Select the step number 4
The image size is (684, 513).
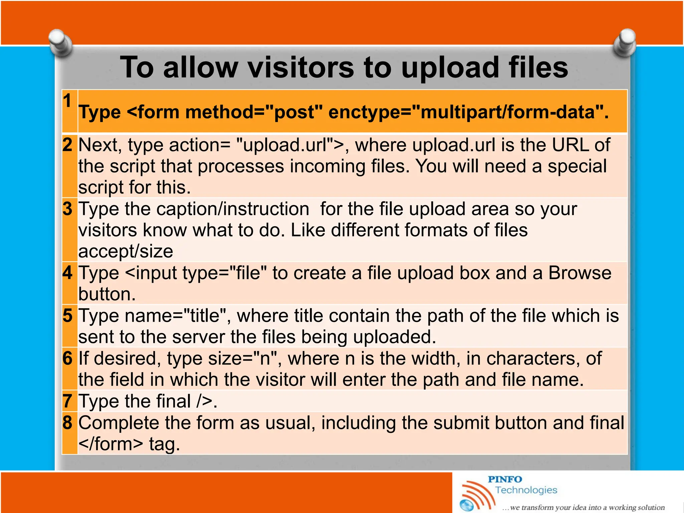click(67, 273)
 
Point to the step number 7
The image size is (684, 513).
click(67, 401)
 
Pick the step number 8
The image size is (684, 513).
click(67, 423)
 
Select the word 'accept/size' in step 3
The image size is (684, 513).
click(126, 251)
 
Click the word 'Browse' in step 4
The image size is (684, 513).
click(580, 273)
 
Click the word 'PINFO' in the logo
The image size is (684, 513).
click(505, 479)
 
